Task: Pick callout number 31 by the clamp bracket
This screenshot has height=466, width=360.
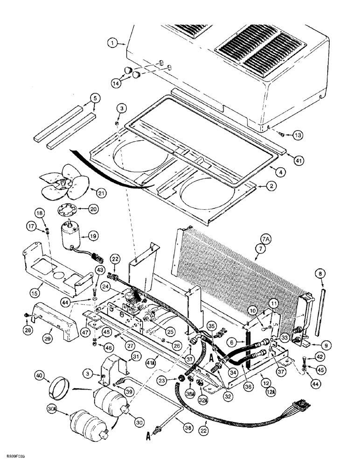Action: pos(137,357)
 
